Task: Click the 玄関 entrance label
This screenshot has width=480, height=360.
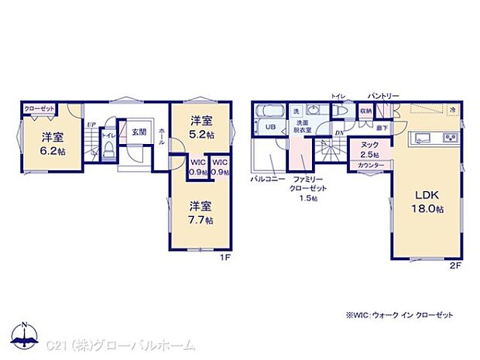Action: (139, 132)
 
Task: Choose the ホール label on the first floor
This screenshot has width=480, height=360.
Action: (161, 139)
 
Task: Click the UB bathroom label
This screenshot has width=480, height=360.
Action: (271, 127)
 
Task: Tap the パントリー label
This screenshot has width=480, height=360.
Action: (383, 95)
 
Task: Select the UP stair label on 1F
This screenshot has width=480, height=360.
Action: (91, 124)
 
